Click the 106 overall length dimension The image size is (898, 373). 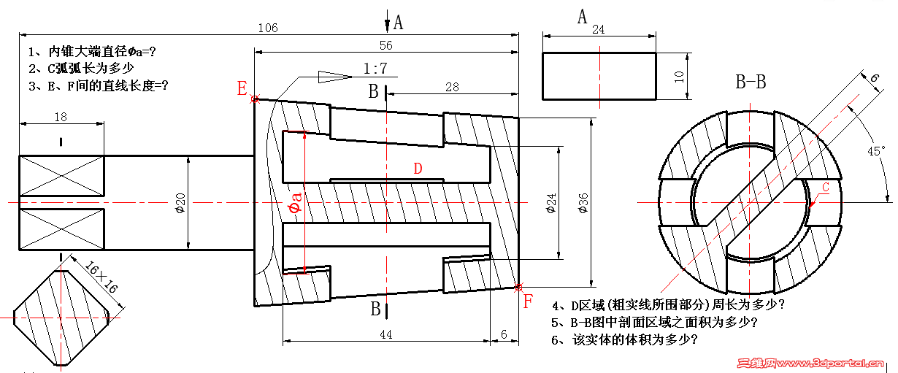[268, 28]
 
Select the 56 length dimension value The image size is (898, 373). [385, 45]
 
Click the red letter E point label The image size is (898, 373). [242, 89]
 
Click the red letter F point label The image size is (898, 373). [529, 301]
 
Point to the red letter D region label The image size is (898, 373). [418, 169]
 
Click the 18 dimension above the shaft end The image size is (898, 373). [61, 117]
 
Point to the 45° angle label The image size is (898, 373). [875, 151]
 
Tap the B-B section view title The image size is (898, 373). [750, 82]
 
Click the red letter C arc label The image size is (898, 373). [825, 188]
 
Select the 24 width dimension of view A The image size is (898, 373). [598, 30]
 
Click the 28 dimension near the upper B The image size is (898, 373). [452, 87]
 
